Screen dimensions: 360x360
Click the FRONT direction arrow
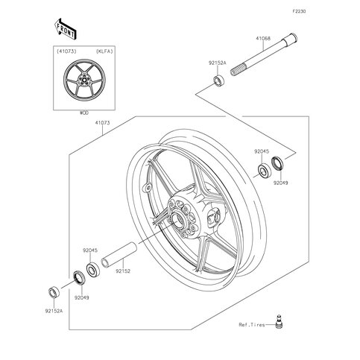pos(65,29)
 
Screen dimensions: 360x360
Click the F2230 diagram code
pos(299,11)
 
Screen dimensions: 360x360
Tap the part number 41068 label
pos(263,39)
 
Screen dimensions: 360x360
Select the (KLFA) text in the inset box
pos(104,51)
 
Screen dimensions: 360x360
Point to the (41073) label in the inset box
pos(66,51)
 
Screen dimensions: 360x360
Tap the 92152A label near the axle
pos(218,63)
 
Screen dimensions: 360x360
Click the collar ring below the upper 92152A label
pos(218,80)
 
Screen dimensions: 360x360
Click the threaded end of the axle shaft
pos(238,69)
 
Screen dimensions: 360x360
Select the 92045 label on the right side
pos(262,151)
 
